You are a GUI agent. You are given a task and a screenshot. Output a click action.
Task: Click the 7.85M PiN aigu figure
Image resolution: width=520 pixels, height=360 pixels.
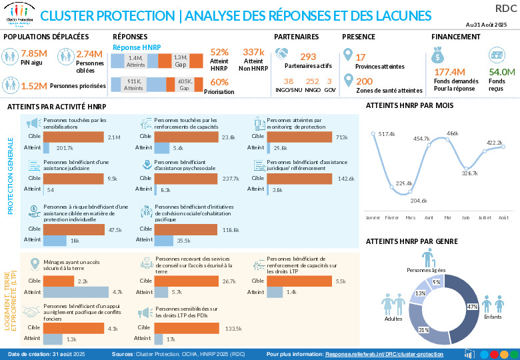pos(33,53)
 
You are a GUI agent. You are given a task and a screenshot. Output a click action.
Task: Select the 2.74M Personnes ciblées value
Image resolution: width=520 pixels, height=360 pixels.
pos(89,53)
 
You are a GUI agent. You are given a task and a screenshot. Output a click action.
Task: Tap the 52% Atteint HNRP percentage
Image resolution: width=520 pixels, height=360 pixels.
pos(219,52)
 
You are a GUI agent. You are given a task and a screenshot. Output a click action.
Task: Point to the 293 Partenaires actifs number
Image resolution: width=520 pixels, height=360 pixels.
pos(308,57)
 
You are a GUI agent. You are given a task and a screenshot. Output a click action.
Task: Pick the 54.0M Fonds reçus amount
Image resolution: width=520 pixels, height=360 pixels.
pos(501,72)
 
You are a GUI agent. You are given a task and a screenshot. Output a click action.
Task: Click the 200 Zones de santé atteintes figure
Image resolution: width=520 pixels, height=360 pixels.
pos(365,81)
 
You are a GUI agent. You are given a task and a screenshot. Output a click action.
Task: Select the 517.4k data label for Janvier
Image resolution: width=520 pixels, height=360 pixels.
pos(387,135)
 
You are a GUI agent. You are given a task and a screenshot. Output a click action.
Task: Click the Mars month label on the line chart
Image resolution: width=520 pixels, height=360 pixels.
pos(410,217)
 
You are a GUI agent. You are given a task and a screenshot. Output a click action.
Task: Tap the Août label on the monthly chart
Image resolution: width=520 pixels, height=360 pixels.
pos(503,217)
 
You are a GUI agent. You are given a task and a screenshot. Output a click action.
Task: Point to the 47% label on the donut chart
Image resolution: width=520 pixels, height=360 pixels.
pos(472,307)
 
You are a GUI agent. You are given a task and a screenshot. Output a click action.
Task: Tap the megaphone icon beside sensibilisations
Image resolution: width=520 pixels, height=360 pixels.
pos(33,123)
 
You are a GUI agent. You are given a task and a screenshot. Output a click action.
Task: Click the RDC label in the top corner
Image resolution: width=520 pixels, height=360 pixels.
pos(505,7)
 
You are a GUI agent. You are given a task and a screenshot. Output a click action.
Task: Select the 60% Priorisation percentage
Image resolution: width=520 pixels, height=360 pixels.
pos(219,82)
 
